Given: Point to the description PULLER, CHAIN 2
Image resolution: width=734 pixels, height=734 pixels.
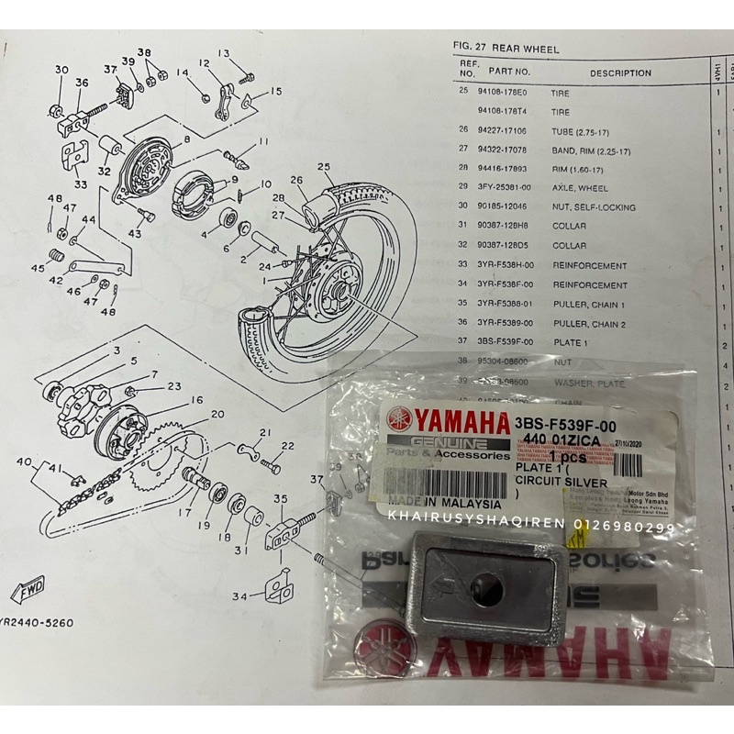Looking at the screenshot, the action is (x=587, y=322).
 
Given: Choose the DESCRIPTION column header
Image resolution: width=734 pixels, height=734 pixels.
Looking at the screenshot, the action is (x=620, y=72).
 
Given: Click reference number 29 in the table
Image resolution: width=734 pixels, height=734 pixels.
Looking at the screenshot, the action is (x=463, y=187).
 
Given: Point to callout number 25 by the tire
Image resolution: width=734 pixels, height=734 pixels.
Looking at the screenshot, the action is (x=323, y=166).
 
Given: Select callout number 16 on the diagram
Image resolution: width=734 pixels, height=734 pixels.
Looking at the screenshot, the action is (x=196, y=400).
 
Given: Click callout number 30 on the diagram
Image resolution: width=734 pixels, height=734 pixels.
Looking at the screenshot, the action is (x=61, y=70).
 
